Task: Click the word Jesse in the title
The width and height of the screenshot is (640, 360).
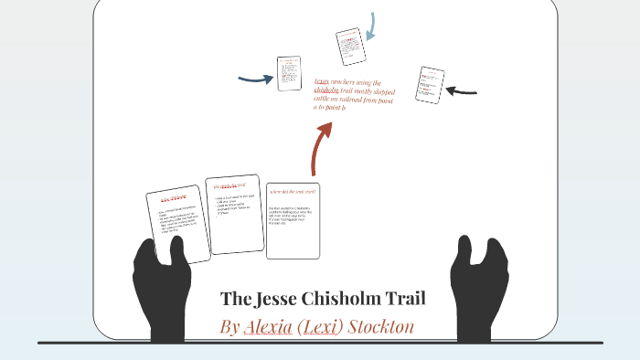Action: tap(283, 299)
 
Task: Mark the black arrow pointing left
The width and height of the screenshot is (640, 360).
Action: tap(462, 90)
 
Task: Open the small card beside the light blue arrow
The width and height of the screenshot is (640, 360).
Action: tap(350, 47)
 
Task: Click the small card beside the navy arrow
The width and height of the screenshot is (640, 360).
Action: tap(290, 74)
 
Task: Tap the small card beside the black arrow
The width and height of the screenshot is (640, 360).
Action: tap(429, 86)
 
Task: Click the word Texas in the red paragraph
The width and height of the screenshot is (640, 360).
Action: tap(321, 82)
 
